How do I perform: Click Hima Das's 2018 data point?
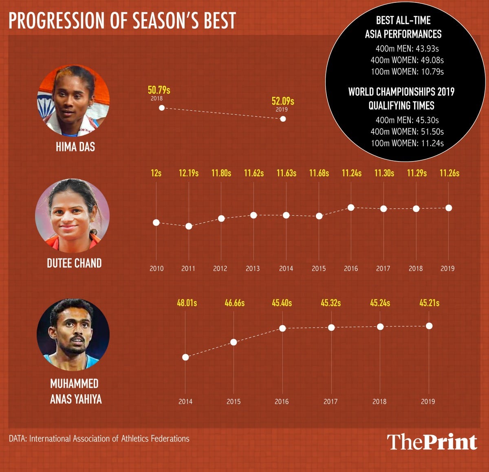[x=162, y=108]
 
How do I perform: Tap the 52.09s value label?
[x=283, y=101]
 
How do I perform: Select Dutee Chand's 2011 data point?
[x=189, y=226]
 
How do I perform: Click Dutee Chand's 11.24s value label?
[x=351, y=173]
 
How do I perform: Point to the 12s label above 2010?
[x=156, y=173]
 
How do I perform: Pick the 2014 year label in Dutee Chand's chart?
[x=286, y=269]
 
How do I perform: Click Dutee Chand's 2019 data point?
[x=449, y=208]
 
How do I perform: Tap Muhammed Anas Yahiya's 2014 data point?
[x=185, y=357]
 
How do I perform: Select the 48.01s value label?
[x=187, y=303]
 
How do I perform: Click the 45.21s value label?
[x=430, y=303]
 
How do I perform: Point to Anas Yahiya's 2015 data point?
[x=233, y=342]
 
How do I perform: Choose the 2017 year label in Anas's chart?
[x=330, y=402]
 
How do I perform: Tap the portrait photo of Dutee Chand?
[x=72, y=215]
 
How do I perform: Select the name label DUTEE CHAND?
[x=74, y=263]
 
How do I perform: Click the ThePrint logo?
[x=432, y=442]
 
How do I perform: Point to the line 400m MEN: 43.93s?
[x=407, y=49]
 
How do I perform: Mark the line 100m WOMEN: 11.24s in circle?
[x=407, y=143]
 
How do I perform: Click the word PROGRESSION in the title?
[x=55, y=20]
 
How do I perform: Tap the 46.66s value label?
[x=234, y=303]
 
